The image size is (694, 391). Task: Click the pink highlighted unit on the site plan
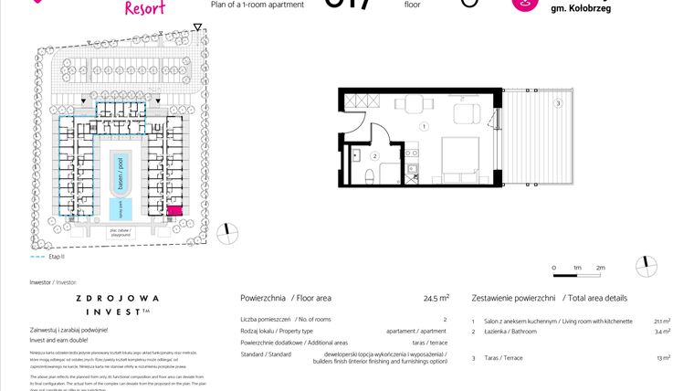(x=173, y=211)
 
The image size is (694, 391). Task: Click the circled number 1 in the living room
(x=424, y=125)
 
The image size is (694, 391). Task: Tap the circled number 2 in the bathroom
(x=374, y=156)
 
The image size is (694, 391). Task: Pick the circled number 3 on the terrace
(x=558, y=103)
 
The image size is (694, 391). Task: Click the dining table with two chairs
(x=466, y=114)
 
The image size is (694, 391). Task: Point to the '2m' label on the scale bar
(x=600, y=267)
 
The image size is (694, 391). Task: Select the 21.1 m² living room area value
(x=662, y=322)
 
